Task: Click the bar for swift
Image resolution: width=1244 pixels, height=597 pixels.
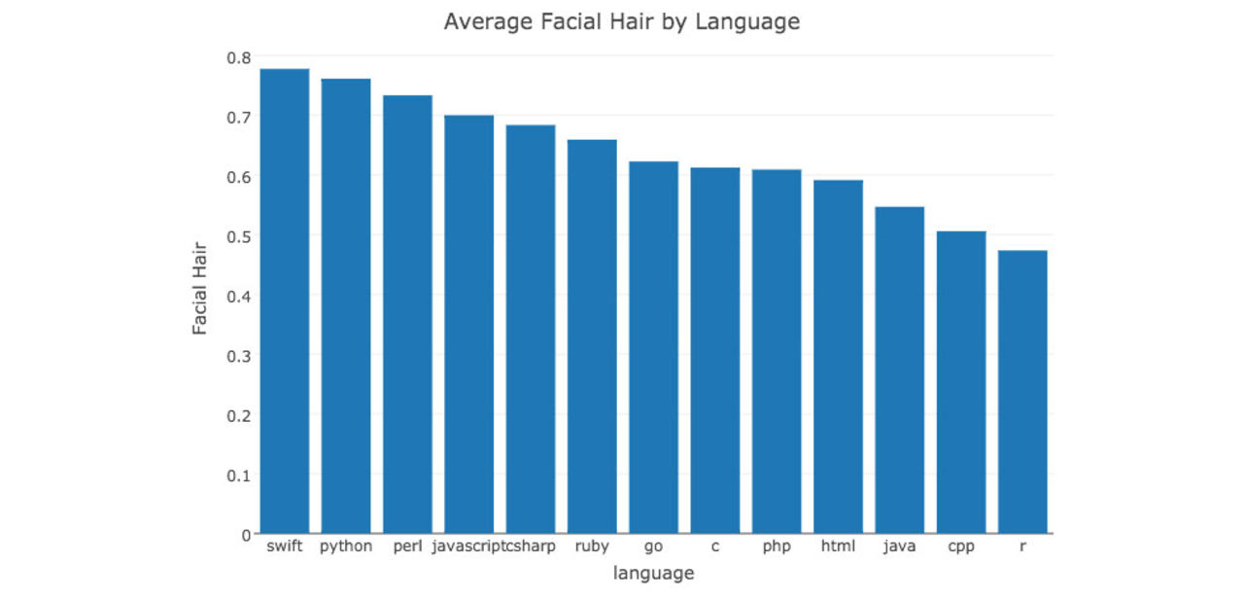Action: (285, 301)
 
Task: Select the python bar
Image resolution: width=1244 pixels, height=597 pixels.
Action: (346, 306)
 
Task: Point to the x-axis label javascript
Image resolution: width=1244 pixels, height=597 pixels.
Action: (467, 546)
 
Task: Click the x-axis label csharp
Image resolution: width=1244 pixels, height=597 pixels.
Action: (531, 546)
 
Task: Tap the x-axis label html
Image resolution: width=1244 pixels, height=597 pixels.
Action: (838, 546)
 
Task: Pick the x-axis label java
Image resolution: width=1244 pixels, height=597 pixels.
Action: (899, 546)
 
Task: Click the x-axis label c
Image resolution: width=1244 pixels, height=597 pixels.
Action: (715, 546)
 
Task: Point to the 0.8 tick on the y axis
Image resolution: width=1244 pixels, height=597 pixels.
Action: (238, 57)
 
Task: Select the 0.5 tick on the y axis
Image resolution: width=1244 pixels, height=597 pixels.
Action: (238, 236)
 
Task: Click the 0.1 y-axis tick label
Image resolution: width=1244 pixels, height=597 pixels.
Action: (238, 475)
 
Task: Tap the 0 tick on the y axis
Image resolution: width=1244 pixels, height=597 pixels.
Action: (245, 535)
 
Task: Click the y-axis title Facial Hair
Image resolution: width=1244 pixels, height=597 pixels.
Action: (200, 288)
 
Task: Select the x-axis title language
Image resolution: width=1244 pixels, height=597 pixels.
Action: (653, 574)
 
